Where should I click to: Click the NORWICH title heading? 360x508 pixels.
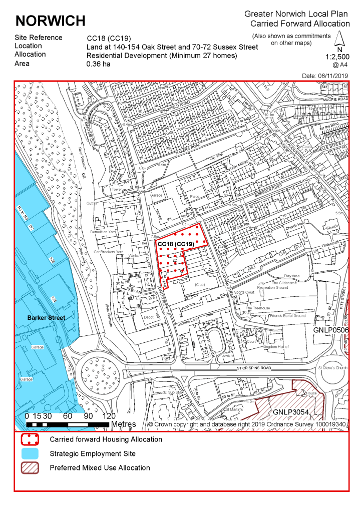coord(51,21)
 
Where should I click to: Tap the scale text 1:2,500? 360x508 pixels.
coord(337,57)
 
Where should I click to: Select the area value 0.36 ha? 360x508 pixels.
coord(98,64)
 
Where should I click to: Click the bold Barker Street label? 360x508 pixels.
coord(46,317)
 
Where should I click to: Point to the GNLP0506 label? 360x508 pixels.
coord(331,331)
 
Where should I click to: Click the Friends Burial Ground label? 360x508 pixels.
coord(287,316)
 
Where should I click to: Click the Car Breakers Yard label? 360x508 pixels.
coord(109,251)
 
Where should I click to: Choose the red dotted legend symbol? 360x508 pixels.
coord(30,439)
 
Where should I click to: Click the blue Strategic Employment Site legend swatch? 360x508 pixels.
coord(30,454)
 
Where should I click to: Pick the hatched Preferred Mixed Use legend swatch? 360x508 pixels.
coord(30,468)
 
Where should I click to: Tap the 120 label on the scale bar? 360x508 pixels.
coord(109,416)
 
